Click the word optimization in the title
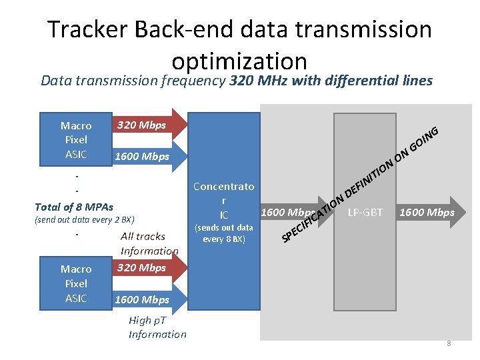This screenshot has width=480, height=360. [239, 61]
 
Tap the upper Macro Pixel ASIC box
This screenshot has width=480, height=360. [76, 140]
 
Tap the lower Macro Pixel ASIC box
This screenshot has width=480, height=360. [76, 283]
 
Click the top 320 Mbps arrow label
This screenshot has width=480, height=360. [141, 125]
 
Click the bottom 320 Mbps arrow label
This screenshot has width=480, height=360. [141, 268]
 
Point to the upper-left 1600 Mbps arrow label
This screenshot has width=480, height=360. [142, 157]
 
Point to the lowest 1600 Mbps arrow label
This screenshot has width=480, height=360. [142, 300]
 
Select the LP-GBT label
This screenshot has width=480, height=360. [365, 213]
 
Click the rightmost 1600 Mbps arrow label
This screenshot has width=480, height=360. [426, 213]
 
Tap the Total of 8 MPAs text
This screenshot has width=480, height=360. [74, 207]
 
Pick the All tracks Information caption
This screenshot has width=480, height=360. [149, 243]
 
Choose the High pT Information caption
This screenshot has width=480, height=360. [157, 327]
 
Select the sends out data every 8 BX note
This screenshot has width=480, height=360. [223, 233]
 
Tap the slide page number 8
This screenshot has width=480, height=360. [449, 344]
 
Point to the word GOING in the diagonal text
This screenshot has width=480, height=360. [425, 137]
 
